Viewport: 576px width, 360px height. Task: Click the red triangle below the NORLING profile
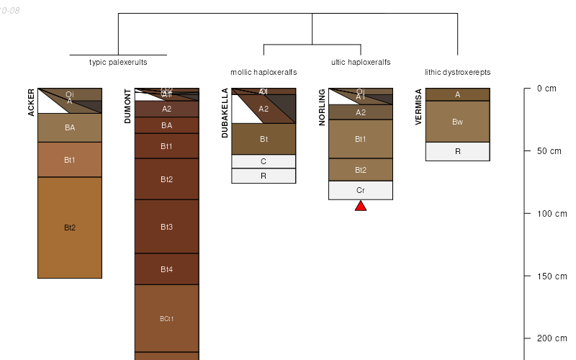[361, 206]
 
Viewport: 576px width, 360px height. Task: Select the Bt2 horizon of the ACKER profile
[70, 228]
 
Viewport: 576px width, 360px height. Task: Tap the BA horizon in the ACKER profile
[70, 127]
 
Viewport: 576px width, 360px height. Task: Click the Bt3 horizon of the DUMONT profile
[166, 227]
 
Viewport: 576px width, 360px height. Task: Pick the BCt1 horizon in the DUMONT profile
[166, 318]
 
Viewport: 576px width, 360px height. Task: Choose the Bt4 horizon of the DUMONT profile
[166, 269]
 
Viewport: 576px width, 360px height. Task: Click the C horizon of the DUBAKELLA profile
[264, 161]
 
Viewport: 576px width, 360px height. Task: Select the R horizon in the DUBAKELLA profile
[264, 176]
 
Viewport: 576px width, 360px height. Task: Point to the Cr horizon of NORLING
[361, 190]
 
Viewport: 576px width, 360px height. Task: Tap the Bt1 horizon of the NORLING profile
[361, 139]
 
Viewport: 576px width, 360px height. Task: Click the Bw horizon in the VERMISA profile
[457, 122]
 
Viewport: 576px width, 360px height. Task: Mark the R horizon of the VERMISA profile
[457, 151]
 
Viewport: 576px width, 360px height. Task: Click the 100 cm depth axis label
[547, 214]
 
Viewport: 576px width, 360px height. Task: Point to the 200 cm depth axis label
[547, 338]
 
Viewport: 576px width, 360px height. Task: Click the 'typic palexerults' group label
[118, 62]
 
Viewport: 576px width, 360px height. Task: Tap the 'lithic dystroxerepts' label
[457, 72]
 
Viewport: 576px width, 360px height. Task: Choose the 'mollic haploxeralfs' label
[264, 72]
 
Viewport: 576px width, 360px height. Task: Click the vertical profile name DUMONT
[128, 107]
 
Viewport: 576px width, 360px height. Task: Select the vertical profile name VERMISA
[419, 107]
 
